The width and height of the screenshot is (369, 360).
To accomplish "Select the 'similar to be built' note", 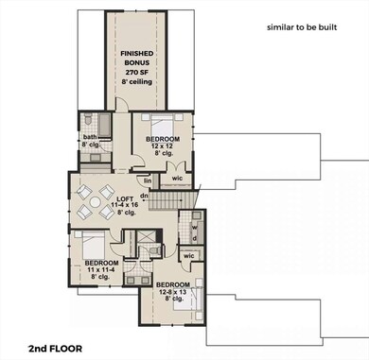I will [x=302, y=28].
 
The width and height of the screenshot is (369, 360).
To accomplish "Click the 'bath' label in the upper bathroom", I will [x=90, y=137].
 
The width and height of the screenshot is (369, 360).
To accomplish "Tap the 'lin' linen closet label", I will [x=148, y=180].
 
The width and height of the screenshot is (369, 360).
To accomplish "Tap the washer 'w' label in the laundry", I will [x=194, y=226].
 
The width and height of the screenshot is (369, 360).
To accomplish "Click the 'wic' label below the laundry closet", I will [x=189, y=255].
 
